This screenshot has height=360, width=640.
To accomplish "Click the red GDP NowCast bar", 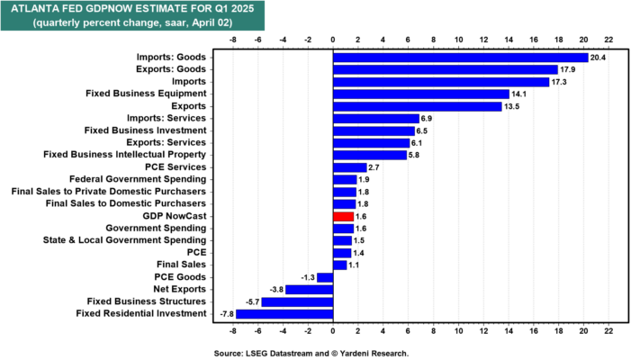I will pyautogui.click(x=343, y=216).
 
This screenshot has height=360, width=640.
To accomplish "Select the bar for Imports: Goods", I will pyautogui.click(x=460, y=58).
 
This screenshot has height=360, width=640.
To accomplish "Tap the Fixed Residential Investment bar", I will pyautogui.click(x=284, y=313).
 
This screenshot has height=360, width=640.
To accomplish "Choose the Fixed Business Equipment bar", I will pyautogui.click(x=421, y=94).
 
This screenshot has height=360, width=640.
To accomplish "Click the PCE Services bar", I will pyautogui.click(x=350, y=167).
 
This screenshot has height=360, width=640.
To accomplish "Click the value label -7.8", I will pyautogui.click(x=224, y=313).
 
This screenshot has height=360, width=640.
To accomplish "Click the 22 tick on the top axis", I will pyautogui.click(x=608, y=40).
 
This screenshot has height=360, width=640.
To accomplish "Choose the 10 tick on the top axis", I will pyautogui.click(x=458, y=40).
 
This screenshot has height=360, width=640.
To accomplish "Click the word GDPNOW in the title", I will pyautogui.click(x=113, y=9).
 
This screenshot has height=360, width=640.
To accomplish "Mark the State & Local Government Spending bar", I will pyautogui.click(x=343, y=240).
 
